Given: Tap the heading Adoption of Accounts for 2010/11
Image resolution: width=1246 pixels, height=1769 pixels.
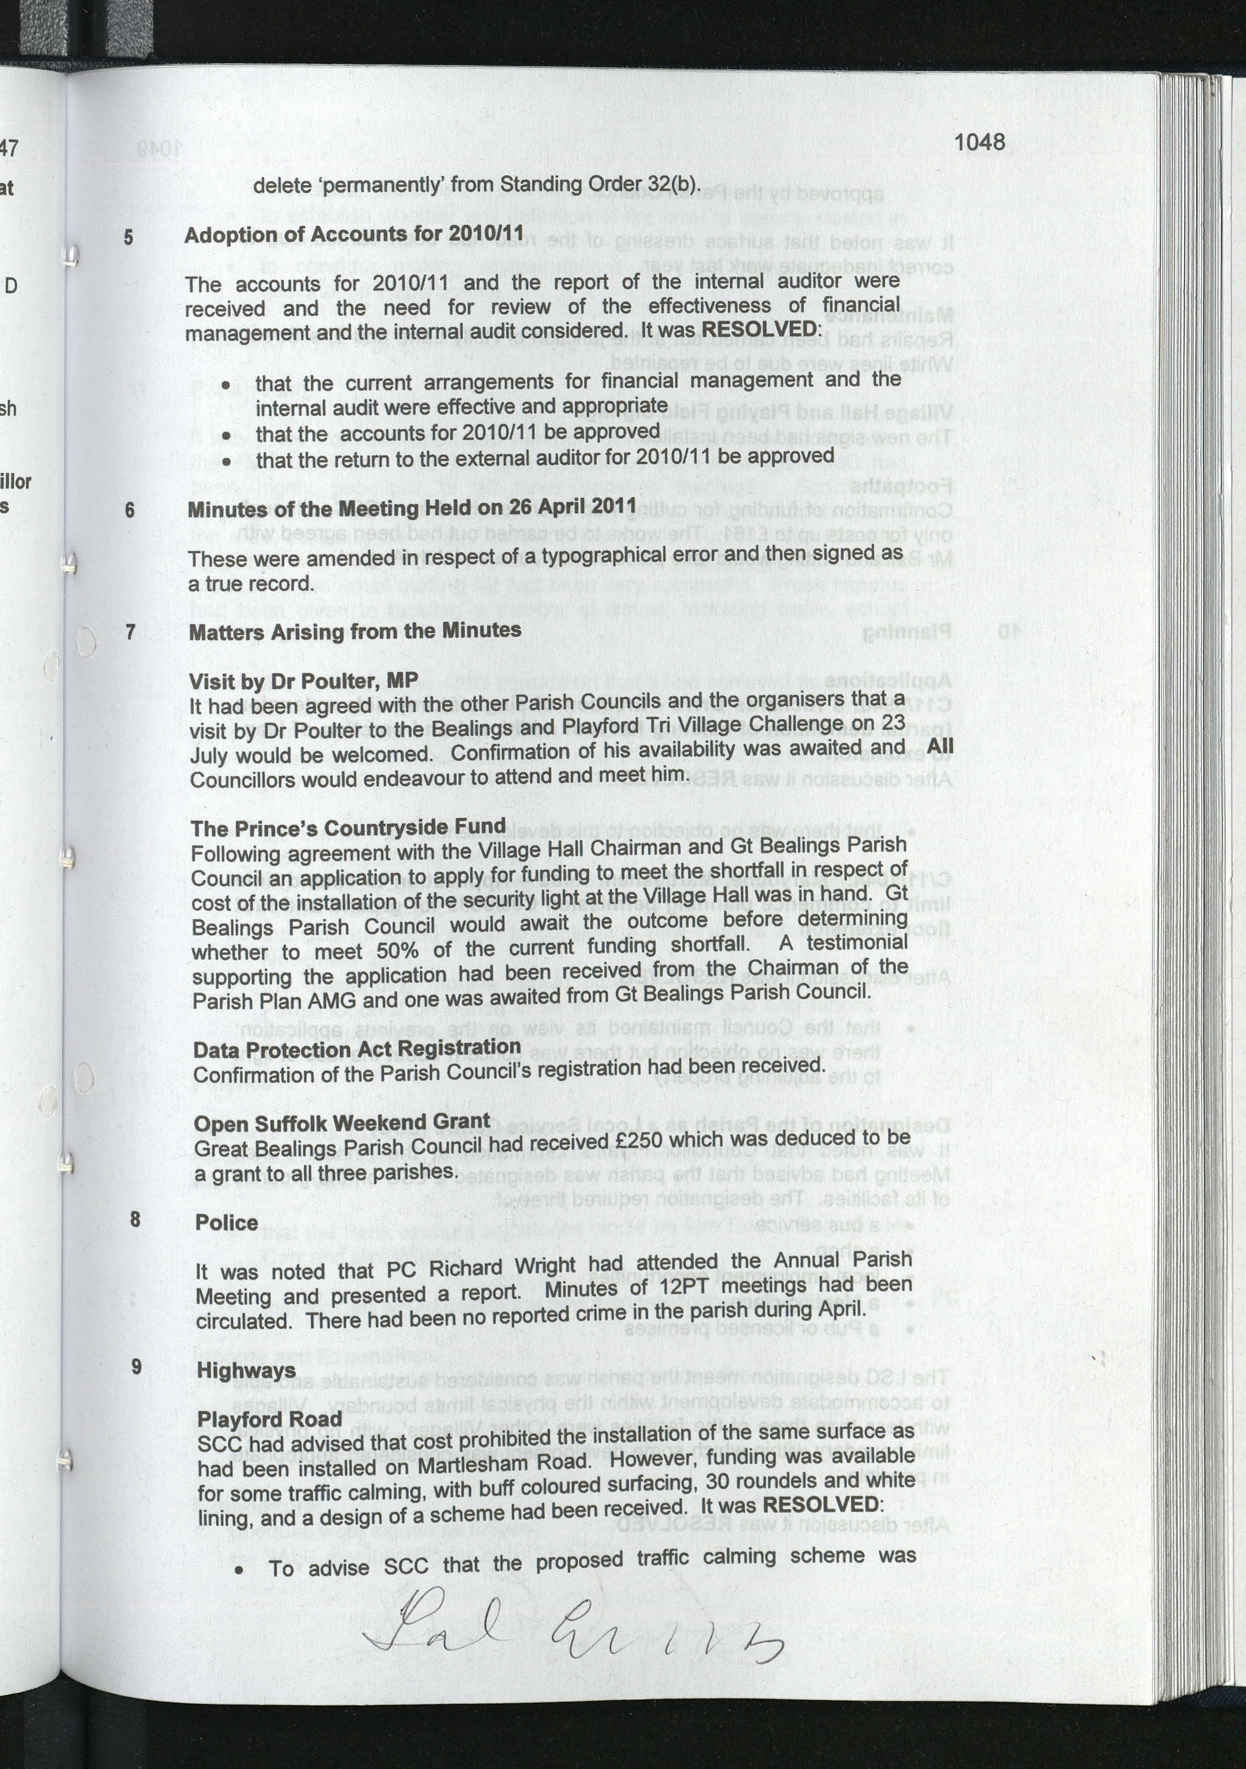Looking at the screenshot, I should (x=354, y=234).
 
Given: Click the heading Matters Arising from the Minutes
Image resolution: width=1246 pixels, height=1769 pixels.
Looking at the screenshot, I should (x=355, y=631).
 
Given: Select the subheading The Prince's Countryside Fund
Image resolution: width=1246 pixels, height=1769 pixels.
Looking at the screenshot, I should (x=349, y=827).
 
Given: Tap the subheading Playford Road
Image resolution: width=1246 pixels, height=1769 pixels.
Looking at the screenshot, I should (x=270, y=1419).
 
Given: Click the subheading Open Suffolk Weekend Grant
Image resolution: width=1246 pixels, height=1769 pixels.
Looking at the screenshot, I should (x=342, y=1122).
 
